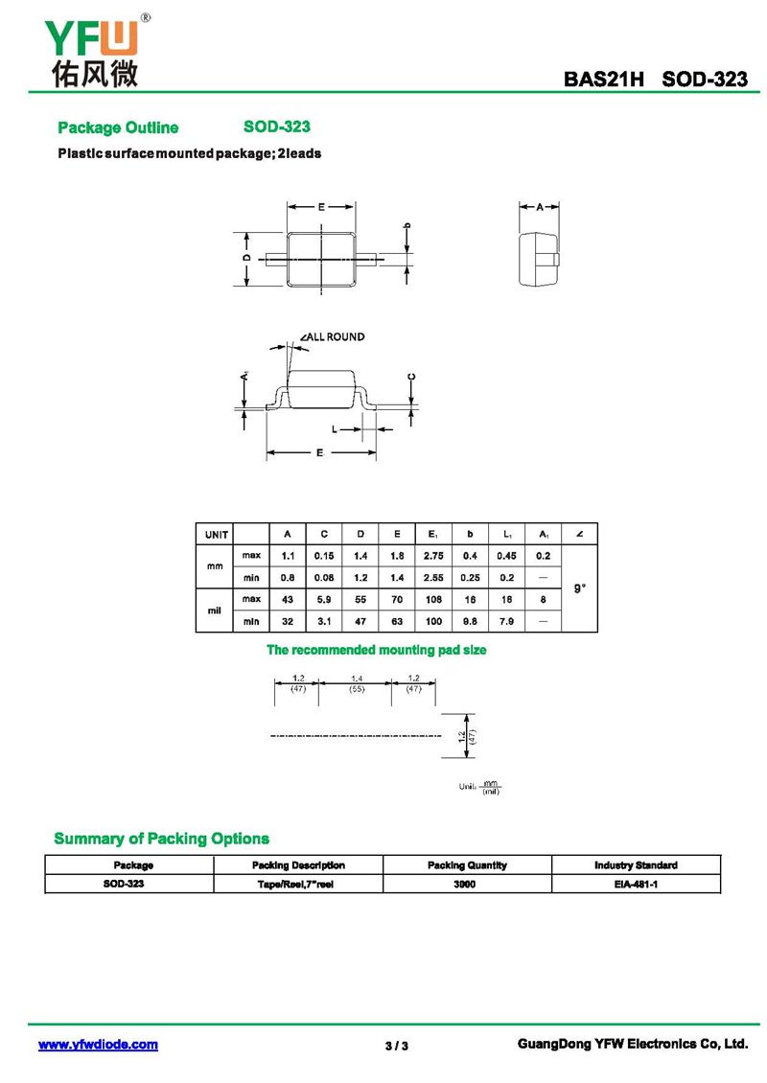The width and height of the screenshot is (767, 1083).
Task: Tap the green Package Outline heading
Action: point(118,127)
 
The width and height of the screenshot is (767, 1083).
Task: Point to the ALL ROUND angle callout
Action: point(333,336)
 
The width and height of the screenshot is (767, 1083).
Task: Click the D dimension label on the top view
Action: point(246,258)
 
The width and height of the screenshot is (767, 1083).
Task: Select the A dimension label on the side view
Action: point(540,206)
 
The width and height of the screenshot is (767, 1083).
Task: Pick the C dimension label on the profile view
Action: point(411,376)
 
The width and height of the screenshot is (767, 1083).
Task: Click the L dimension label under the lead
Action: point(334,428)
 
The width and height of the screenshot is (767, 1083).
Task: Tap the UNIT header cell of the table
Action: point(216,534)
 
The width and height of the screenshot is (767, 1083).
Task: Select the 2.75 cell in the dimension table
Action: point(432,556)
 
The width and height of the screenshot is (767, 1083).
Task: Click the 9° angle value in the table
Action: point(580,588)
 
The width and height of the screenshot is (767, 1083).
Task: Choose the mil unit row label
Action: point(216,610)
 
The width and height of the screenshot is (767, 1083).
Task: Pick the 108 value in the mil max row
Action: point(432,599)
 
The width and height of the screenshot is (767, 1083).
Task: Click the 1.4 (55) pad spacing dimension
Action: point(356,683)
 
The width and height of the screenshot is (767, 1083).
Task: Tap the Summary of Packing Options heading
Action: point(161,839)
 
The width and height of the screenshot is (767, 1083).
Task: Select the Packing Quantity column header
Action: point(467,865)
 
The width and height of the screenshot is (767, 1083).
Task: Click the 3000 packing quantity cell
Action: point(467,884)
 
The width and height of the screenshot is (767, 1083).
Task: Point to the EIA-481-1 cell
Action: point(635,884)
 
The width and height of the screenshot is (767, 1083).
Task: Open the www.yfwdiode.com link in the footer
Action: point(98,1045)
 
